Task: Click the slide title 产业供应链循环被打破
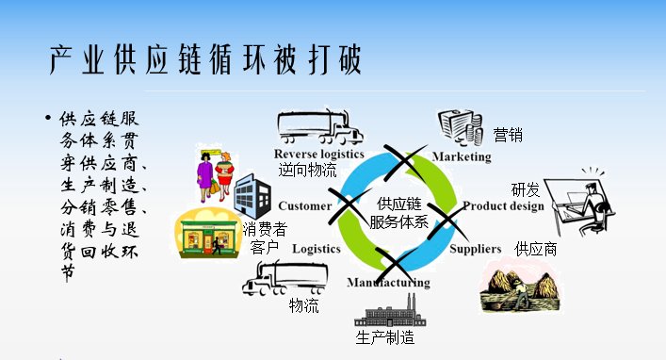tap(205, 60)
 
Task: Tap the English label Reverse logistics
tap(319, 155)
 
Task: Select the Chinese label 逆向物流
tap(307, 170)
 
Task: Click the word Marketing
tap(462, 156)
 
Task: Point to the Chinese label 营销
tap(508, 135)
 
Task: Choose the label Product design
tap(503, 206)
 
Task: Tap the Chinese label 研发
tap(526, 190)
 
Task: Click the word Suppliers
tap(476, 249)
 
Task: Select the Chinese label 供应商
tap(536, 250)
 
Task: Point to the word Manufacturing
tap(388, 283)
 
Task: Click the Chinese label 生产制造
tap(385, 338)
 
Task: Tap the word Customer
tap(305, 206)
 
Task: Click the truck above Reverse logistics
tap(320, 127)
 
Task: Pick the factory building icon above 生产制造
tap(390, 312)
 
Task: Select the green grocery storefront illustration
tap(207, 234)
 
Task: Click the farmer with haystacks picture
tap(522, 286)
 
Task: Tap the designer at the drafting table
tap(579, 203)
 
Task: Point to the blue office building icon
tap(252, 196)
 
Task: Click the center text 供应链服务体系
tap(398, 213)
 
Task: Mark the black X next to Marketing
tap(405, 163)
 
